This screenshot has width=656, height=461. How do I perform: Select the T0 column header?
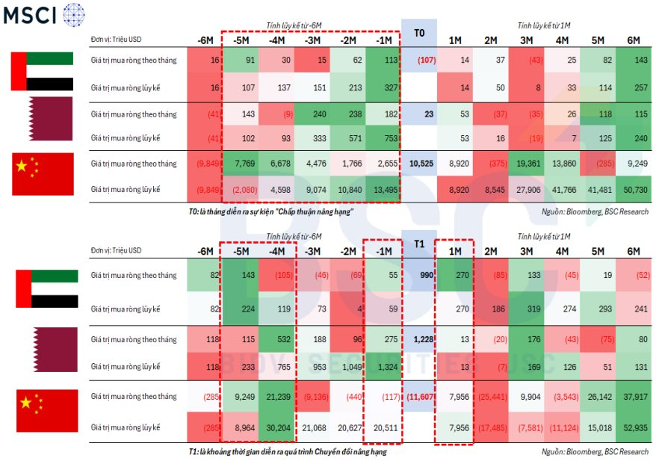tap(419, 34)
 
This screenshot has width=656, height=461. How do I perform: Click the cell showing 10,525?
tap(419, 164)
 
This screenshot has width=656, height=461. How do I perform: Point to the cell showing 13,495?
tap(382, 189)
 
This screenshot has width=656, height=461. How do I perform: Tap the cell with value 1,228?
tap(420, 340)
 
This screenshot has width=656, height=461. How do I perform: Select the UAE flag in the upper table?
tap(42, 72)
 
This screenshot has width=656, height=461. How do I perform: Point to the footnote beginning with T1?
tap(288, 451)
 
